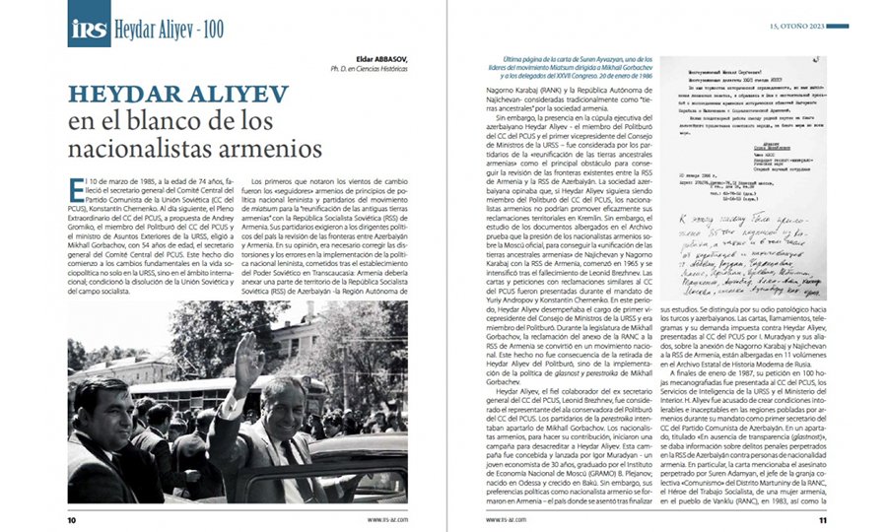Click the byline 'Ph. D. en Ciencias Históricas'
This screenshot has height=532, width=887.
369,70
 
